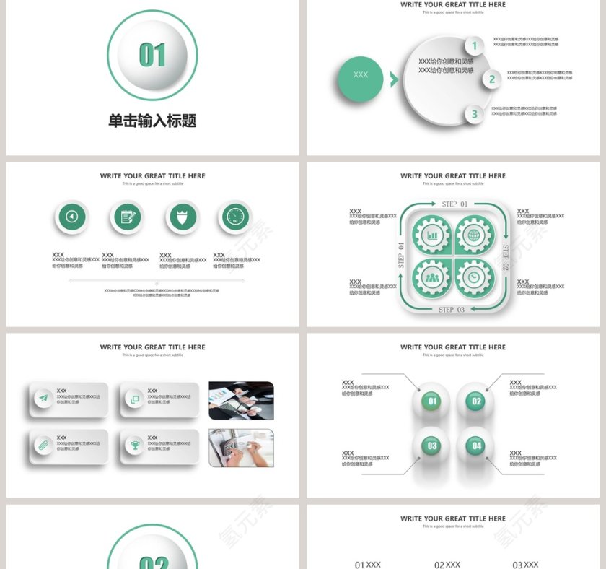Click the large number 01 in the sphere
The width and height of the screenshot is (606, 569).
pyautogui.click(x=152, y=55)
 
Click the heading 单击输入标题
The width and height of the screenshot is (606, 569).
pyautogui.click(x=152, y=121)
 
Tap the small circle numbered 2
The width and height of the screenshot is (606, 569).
pyautogui.click(x=492, y=79)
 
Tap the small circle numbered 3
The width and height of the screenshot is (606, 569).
pyautogui.click(x=474, y=113)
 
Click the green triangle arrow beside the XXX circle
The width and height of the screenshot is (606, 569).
pyautogui.click(x=394, y=79)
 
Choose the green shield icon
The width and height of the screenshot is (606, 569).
pyautogui.click(x=181, y=217)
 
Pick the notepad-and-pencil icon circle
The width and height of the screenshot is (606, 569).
pyautogui.click(x=127, y=217)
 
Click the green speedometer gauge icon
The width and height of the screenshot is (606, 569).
pyautogui.click(x=235, y=217)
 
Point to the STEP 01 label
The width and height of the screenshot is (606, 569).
pyautogui.click(x=454, y=204)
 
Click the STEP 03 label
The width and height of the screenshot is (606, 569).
pyautogui.click(x=452, y=310)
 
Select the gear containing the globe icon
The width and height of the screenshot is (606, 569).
pyautogui.click(x=473, y=235)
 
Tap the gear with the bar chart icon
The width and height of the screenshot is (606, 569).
pyautogui.click(x=432, y=235)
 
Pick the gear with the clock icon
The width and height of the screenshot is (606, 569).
pyautogui.click(x=473, y=277)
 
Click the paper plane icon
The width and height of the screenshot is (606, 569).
pyautogui.click(x=43, y=399)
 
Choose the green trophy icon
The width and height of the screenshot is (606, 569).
pyautogui.click(x=134, y=445)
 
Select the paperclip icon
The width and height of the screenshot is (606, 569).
pyautogui.click(x=43, y=445)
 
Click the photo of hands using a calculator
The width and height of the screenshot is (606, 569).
pyautogui.click(x=241, y=448)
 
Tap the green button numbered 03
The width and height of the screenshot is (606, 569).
pyautogui.click(x=432, y=446)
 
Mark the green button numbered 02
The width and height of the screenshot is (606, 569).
pyautogui.click(x=476, y=401)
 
